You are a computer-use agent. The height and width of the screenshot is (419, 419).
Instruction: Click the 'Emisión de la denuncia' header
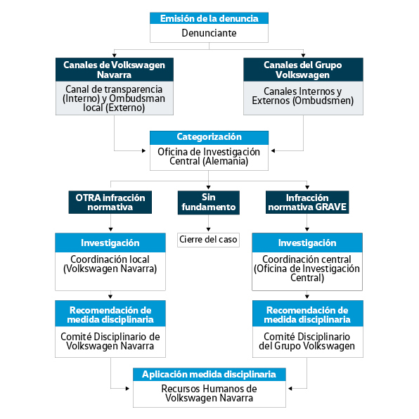(x=209, y=18)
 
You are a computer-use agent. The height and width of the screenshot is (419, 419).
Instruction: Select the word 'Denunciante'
(x=209, y=33)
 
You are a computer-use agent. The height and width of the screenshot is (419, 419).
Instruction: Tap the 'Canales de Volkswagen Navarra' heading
(x=115, y=70)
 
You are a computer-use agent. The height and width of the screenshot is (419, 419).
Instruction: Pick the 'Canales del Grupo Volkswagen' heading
(x=303, y=70)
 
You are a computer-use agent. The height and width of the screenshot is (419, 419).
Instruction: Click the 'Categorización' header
(x=209, y=137)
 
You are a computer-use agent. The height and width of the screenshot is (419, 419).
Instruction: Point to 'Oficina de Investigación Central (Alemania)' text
(x=209, y=157)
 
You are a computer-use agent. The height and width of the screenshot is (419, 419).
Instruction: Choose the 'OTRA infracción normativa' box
(x=110, y=202)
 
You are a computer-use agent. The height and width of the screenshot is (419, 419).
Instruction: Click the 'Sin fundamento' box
(x=208, y=202)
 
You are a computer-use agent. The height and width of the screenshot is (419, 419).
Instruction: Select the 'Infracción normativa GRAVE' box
(x=307, y=202)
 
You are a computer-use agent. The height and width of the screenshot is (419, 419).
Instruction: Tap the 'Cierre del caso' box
(x=208, y=240)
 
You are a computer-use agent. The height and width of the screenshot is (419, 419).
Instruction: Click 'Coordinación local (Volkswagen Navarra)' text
(x=110, y=264)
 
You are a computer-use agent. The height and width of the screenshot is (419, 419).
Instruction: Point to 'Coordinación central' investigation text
(x=307, y=259)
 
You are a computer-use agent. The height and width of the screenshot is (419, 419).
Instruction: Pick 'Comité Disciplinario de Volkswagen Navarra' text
(x=110, y=341)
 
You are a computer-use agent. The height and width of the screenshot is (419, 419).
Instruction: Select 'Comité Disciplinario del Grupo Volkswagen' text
(x=307, y=341)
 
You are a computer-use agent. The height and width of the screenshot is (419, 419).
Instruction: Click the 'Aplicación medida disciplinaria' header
(x=209, y=375)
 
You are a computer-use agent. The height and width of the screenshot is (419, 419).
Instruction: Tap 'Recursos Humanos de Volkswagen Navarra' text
(x=209, y=393)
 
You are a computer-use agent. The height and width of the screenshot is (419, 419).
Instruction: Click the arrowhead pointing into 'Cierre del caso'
(x=208, y=229)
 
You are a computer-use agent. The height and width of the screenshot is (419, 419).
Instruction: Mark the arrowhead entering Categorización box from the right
(x=273, y=150)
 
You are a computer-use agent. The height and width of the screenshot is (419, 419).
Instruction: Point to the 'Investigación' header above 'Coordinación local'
(x=110, y=243)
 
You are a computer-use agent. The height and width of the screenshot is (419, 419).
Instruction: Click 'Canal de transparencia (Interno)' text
(x=114, y=94)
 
